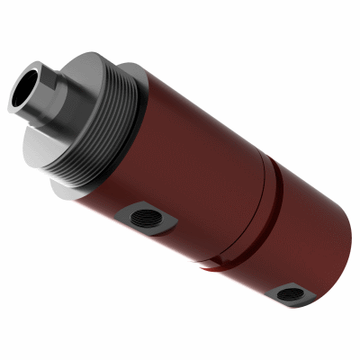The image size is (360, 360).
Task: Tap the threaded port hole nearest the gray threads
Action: click(x=141, y=217)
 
